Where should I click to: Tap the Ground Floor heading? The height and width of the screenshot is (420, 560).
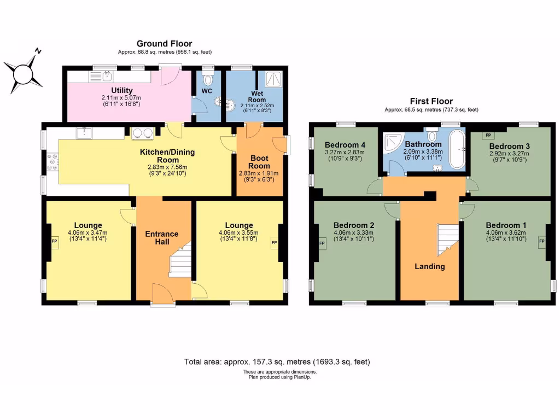click(x=164, y=44)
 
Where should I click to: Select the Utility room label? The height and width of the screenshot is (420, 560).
click(x=121, y=91)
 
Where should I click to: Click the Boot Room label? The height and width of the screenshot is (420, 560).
click(x=260, y=161)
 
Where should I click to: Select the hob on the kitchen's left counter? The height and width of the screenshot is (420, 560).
click(x=53, y=162)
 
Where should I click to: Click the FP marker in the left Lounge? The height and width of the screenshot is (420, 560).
click(x=54, y=241)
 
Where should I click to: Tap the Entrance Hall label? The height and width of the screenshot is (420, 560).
click(x=161, y=237)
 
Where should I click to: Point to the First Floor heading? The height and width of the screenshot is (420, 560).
click(x=431, y=101)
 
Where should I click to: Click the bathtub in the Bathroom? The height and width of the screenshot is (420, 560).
click(x=457, y=149)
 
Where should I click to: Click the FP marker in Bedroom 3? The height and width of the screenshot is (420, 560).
click(x=485, y=135)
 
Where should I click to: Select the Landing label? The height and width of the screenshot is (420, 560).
click(x=429, y=266)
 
